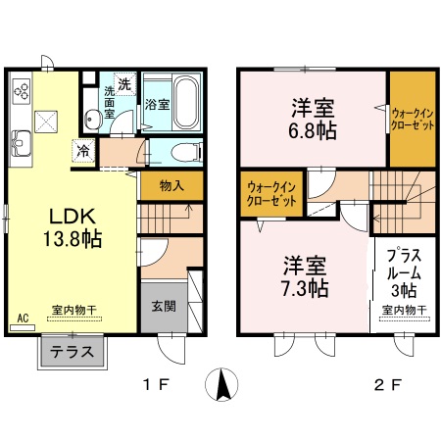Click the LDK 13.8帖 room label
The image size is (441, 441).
click(70, 226)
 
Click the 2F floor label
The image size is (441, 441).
click(388, 385)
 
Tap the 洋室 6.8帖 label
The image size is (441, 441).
click(312, 117)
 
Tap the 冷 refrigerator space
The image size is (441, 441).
click(84, 152)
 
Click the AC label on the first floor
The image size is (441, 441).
click(22, 318)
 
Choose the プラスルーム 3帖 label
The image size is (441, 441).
click(401, 273)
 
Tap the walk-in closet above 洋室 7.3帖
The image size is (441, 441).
click(269, 193)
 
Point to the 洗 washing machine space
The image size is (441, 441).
click(124, 81)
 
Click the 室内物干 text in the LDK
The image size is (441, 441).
click(74, 308)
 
